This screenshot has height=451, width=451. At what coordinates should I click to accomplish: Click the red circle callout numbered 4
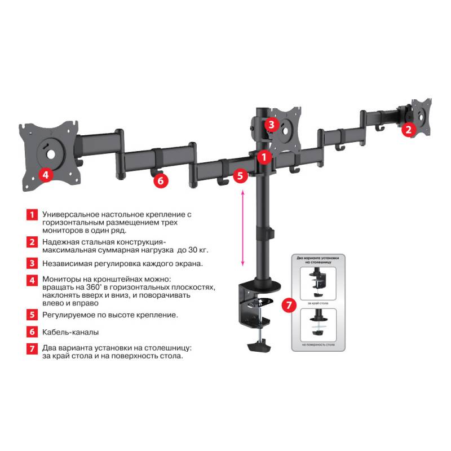point(46,175)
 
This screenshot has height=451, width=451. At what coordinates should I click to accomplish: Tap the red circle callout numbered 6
point(161,180)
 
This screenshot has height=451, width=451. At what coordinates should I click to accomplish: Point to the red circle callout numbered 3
point(272,124)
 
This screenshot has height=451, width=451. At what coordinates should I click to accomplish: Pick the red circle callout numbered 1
point(262,156)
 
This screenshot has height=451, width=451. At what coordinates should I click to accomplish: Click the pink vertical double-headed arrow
point(243,228)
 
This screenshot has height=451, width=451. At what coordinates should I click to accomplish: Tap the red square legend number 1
point(32,215)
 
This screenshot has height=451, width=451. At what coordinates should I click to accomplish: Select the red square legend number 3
point(32,263)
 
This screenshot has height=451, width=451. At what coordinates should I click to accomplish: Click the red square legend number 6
point(32,332)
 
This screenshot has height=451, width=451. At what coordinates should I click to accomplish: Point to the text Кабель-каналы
point(70,332)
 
